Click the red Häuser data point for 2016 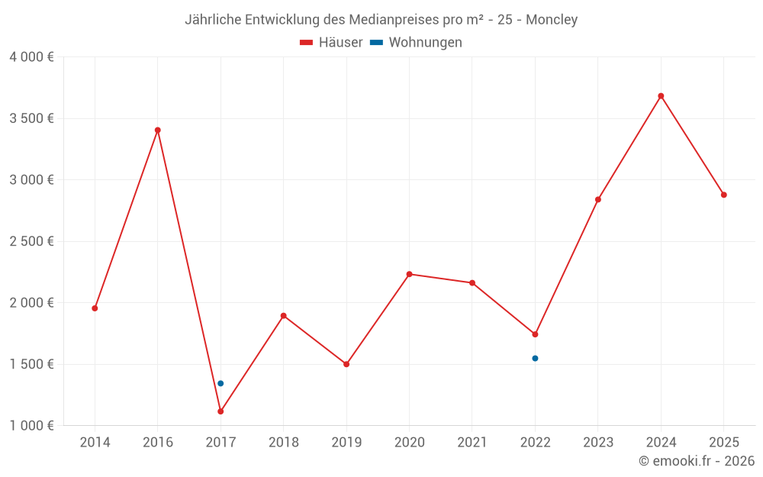[158, 130]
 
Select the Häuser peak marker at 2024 [661, 96]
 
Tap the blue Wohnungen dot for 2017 [221, 383]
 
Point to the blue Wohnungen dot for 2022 [535, 358]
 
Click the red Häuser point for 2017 [221, 411]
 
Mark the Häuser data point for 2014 [95, 308]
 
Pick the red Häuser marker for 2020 [409, 274]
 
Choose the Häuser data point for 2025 [723, 195]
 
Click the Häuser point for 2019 [346, 364]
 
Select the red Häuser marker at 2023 [598, 199]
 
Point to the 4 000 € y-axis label [32, 57]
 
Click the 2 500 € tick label [32, 241]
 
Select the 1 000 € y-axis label [32, 426]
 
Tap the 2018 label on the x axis [283, 443]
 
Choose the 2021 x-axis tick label [472, 443]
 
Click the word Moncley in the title [552, 20]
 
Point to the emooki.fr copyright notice [696, 461]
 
